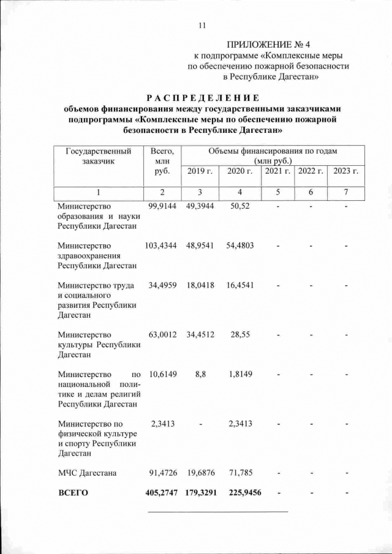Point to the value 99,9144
click(x=162, y=206)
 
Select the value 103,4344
click(x=161, y=245)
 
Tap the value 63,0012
click(x=162, y=335)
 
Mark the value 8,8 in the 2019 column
click(x=200, y=373)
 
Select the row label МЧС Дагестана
click(x=87, y=473)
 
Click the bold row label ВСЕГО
click(x=73, y=492)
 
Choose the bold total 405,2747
click(x=161, y=492)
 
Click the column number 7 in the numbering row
click(x=346, y=193)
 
